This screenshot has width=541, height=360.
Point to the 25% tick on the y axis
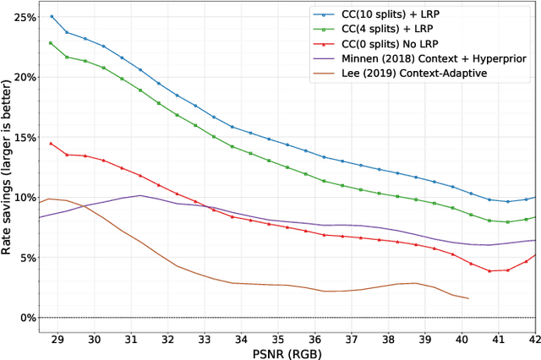click(x=25, y=17)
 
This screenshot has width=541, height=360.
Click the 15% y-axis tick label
click(x=25, y=137)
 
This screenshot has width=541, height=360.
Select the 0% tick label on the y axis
click(x=28, y=318)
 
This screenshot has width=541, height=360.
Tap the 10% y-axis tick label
click(x=25, y=198)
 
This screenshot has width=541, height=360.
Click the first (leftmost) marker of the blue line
click(x=52, y=16)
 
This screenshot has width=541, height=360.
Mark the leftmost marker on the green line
click(x=51, y=42)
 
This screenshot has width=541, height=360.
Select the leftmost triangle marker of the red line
click(x=51, y=143)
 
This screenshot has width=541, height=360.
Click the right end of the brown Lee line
click(x=468, y=298)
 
